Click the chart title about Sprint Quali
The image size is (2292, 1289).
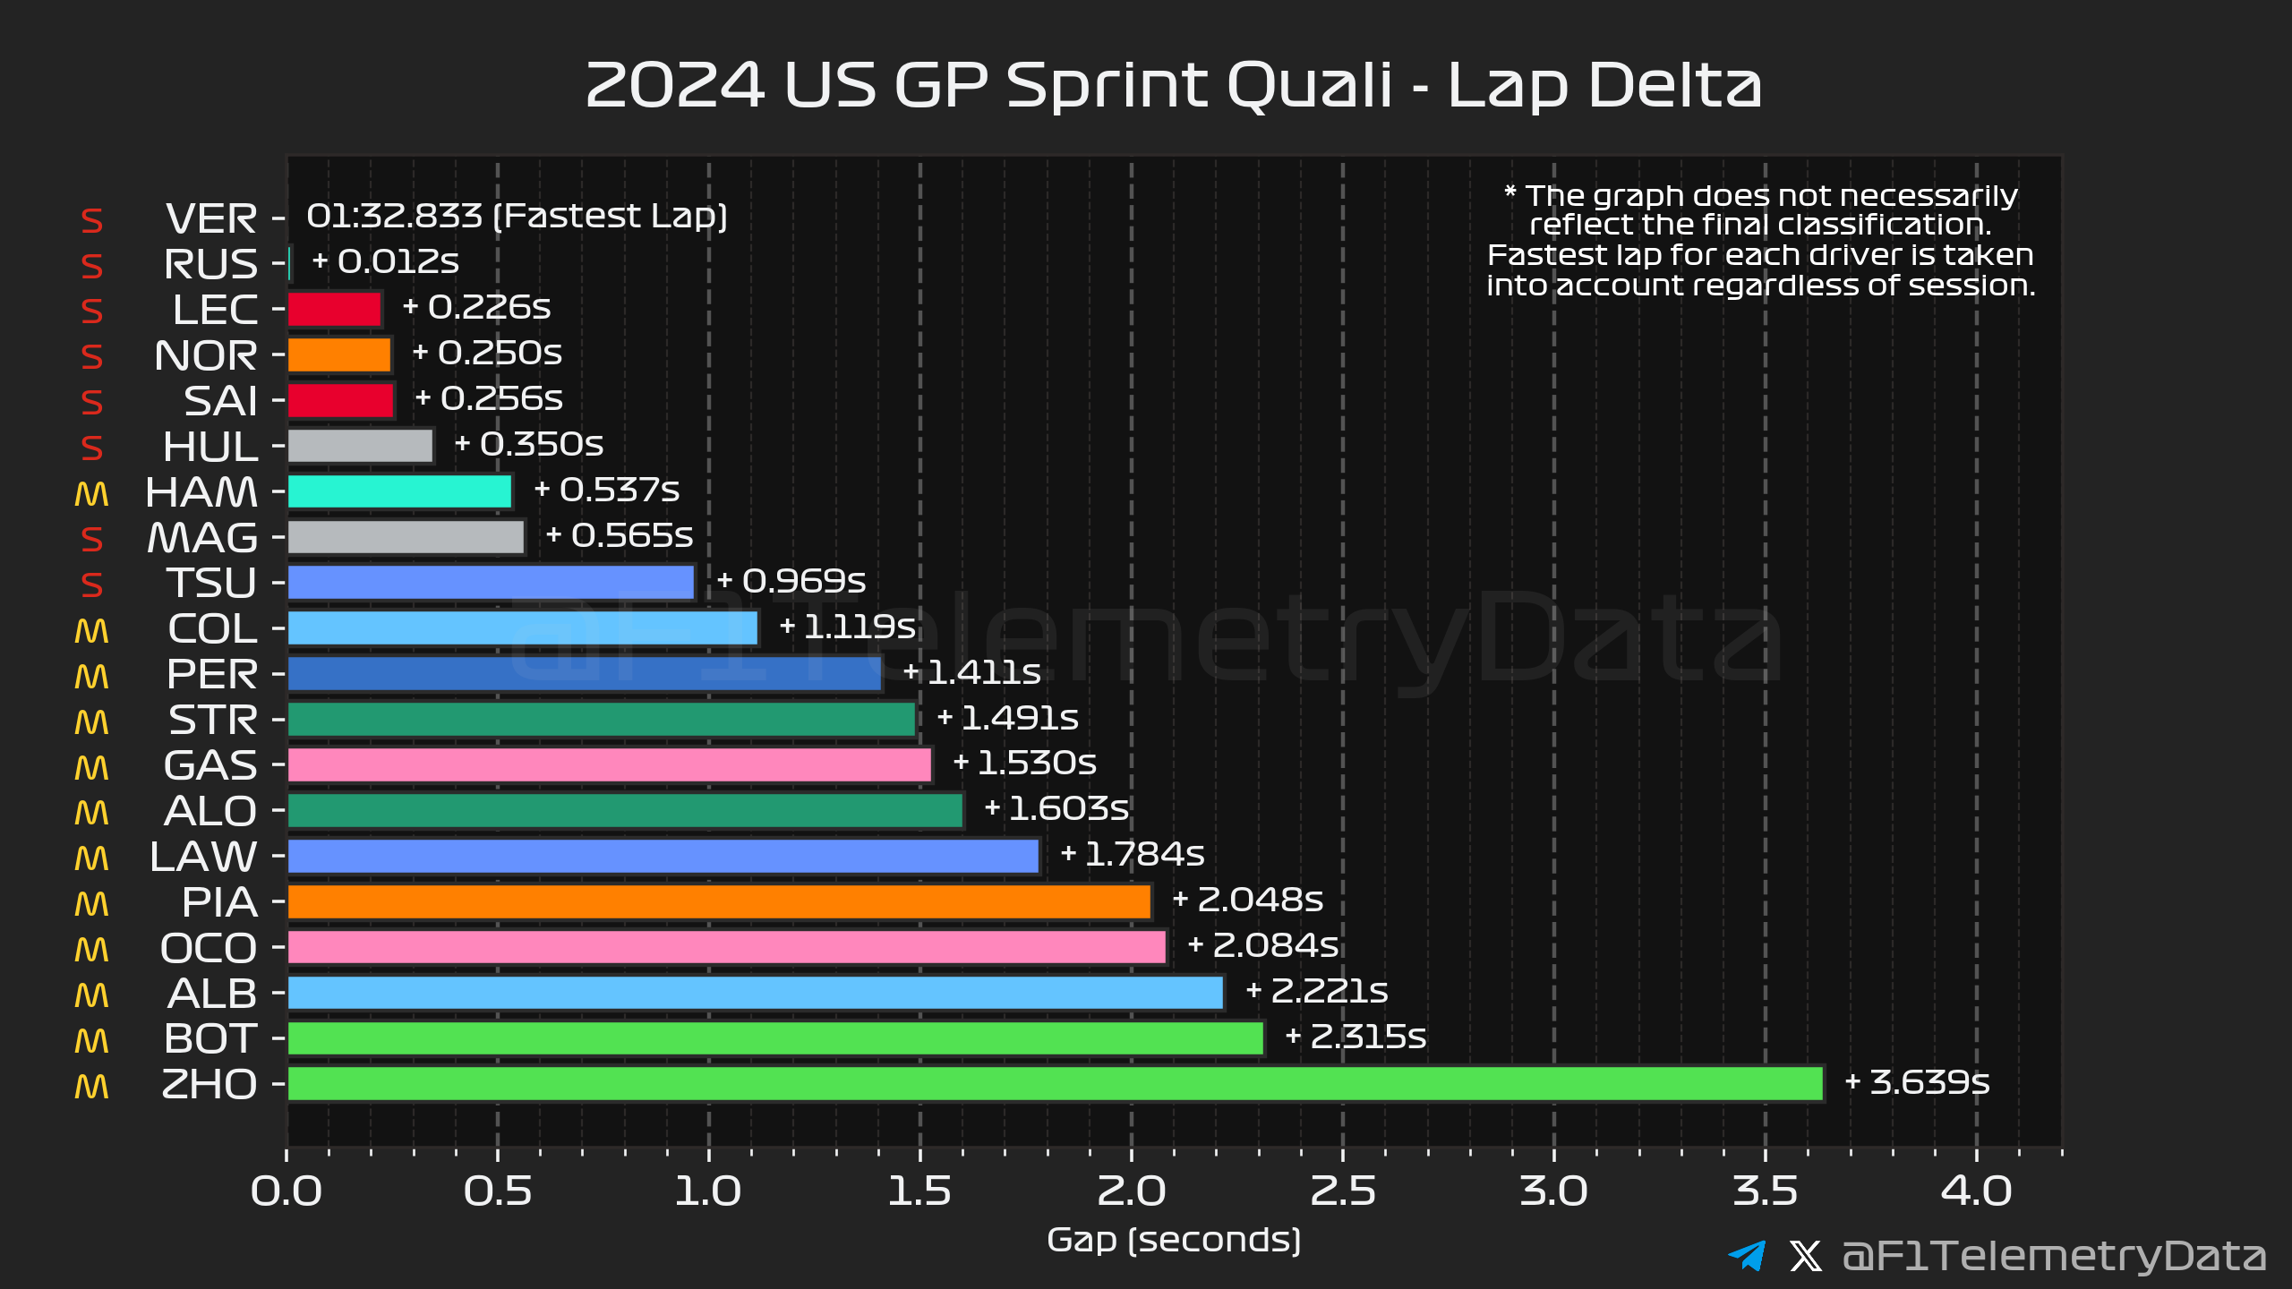tap(1173, 85)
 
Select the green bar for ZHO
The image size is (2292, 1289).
tap(1055, 1083)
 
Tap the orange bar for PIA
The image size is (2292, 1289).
tap(719, 901)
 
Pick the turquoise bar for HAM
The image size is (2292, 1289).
tap(399, 491)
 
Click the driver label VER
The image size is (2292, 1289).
tap(211, 218)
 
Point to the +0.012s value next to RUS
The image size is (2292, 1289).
tap(385, 261)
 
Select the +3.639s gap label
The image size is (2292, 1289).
tap(1917, 1082)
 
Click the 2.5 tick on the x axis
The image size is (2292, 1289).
tap(1342, 1191)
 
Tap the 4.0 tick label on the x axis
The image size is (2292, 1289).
tap(1976, 1191)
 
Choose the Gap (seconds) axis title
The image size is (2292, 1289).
tap(1173, 1240)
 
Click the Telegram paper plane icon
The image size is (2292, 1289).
tap(1746, 1255)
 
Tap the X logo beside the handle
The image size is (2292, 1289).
tap(1805, 1255)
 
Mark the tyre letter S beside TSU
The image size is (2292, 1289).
tap(91, 585)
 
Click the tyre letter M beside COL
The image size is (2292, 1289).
tap(91, 630)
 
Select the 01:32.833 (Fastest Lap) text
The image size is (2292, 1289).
tap(517, 216)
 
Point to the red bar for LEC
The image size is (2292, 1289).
tap(335, 310)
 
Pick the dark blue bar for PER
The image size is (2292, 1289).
tap(585, 674)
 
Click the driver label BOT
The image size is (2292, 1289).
tap(211, 1038)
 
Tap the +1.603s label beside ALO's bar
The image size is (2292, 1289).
tap(1056, 808)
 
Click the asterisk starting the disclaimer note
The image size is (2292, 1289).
tap(1509, 192)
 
